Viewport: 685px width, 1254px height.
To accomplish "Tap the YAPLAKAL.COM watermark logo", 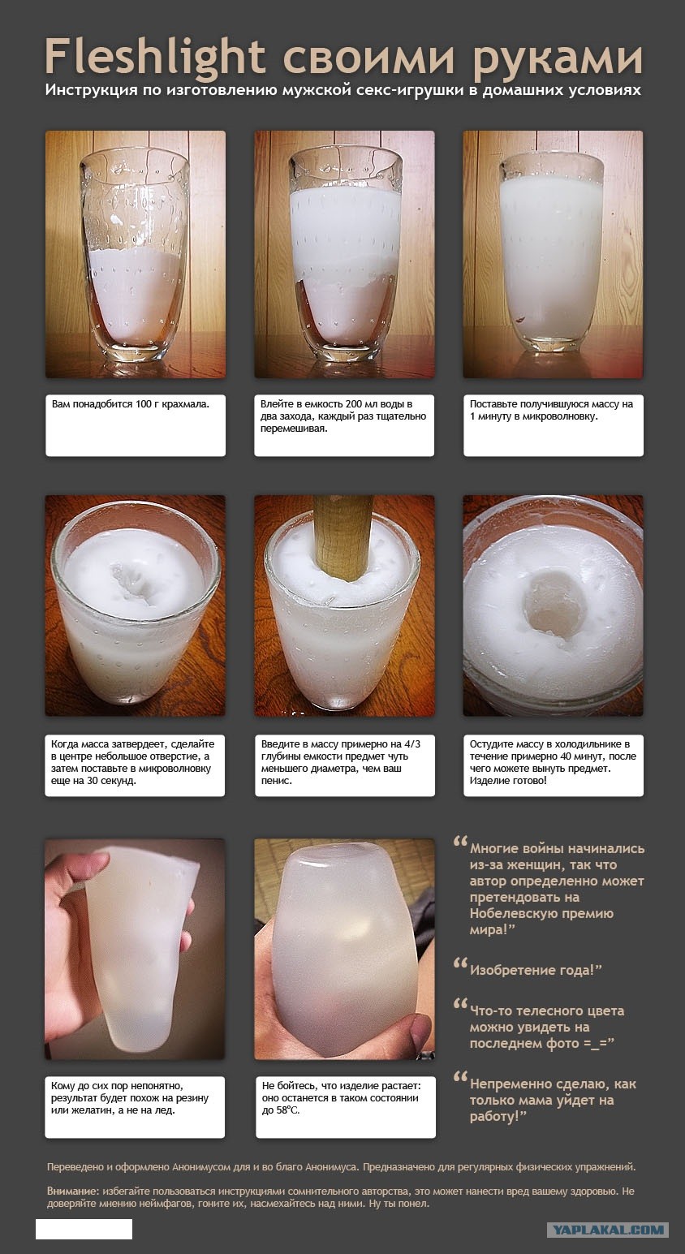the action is coord(608,1230).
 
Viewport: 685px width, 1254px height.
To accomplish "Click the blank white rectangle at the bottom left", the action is coord(84,1229).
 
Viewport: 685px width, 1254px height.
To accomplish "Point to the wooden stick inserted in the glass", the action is coord(342,537).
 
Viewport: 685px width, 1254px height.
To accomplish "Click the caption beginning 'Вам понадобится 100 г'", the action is coord(131,404).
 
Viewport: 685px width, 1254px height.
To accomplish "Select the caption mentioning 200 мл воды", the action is coord(343,416).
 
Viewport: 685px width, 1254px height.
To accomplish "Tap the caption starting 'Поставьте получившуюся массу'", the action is coord(551,411).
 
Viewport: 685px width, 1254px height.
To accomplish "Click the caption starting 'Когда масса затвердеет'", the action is coord(132,762).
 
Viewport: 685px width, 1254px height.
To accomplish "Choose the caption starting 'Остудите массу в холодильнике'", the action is coord(553,762).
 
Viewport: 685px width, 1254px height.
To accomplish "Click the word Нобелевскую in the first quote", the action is coord(541,913).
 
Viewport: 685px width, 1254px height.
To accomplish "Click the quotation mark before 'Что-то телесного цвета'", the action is coord(460,1003).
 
